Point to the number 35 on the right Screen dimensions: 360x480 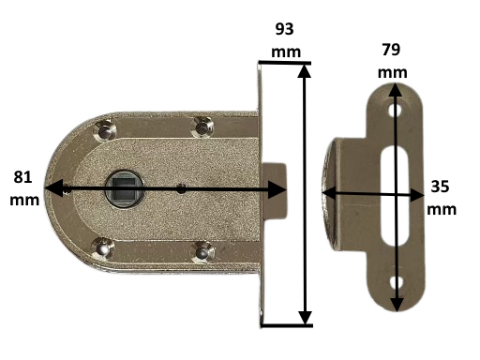click(x=440, y=187)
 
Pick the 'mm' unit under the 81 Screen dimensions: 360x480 click(x=26, y=200)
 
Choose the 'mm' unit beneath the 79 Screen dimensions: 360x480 click(x=394, y=72)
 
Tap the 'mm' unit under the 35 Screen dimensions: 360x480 click(x=440, y=209)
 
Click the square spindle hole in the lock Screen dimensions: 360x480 click(x=125, y=187)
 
